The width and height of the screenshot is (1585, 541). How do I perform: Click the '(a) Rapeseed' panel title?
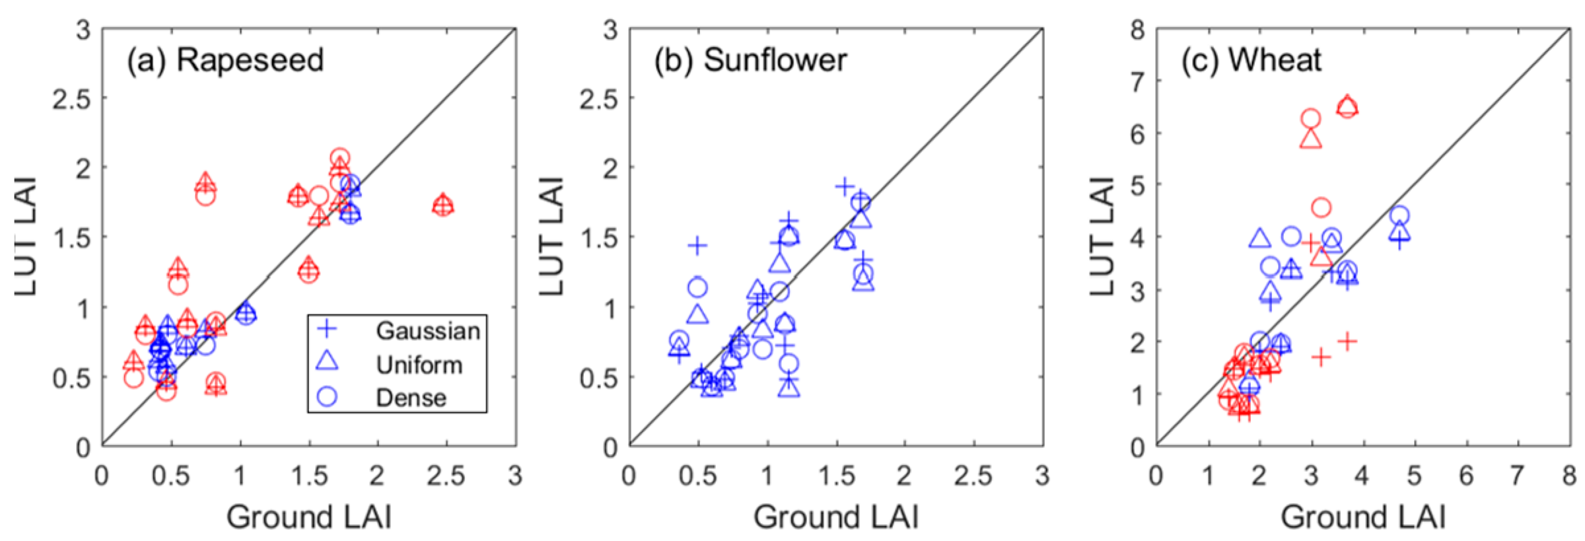225,60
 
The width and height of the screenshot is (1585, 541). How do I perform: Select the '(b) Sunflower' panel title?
750,60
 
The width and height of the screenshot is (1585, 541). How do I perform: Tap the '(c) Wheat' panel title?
1251,60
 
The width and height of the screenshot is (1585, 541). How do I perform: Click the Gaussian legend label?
428,331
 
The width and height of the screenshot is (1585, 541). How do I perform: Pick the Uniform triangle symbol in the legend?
328,362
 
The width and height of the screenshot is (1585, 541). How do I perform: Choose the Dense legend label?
411,398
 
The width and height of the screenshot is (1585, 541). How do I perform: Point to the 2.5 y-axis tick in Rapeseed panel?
71,99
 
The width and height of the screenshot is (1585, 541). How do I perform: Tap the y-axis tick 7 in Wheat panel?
1137,82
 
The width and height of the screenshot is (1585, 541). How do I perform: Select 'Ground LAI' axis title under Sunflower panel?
835,517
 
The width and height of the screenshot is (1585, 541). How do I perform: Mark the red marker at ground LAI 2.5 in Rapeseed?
443,205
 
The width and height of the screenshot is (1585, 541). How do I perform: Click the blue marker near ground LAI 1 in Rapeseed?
246,313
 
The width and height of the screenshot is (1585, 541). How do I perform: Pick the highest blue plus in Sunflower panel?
845,187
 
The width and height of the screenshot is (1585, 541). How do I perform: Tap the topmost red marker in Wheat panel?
1347,106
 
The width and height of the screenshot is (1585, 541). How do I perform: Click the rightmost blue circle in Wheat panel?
1399,215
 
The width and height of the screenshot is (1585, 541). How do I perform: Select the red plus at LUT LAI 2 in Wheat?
1347,341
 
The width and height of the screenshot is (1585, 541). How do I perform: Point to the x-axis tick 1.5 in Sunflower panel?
836,476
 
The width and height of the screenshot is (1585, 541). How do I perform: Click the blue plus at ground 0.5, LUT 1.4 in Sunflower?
697,246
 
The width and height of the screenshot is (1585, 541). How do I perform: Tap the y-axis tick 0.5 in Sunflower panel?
598,378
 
